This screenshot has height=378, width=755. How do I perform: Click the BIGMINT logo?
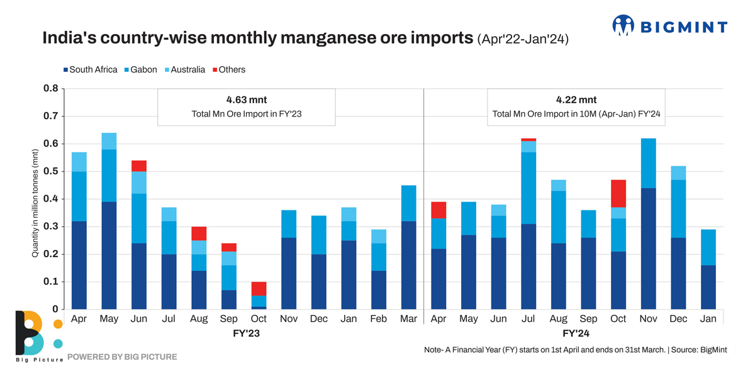(x=669, y=26)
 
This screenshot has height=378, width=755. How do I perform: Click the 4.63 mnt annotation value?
(x=246, y=100)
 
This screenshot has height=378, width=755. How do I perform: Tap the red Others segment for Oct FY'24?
(x=618, y=193)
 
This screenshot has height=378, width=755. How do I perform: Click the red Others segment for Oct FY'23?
(x=259, y=289)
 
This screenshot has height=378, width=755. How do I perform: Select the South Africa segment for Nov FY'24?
(x=649, y=249)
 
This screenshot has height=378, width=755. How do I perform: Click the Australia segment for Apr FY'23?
(x=79, y=162)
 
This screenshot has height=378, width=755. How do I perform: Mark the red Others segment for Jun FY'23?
(x=139, y=166)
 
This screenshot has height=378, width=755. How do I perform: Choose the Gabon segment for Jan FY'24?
(x=708, y=248)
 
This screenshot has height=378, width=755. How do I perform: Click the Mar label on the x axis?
(x=408, y=319)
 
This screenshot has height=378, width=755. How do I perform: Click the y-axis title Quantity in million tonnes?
(x=35, y=203)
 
